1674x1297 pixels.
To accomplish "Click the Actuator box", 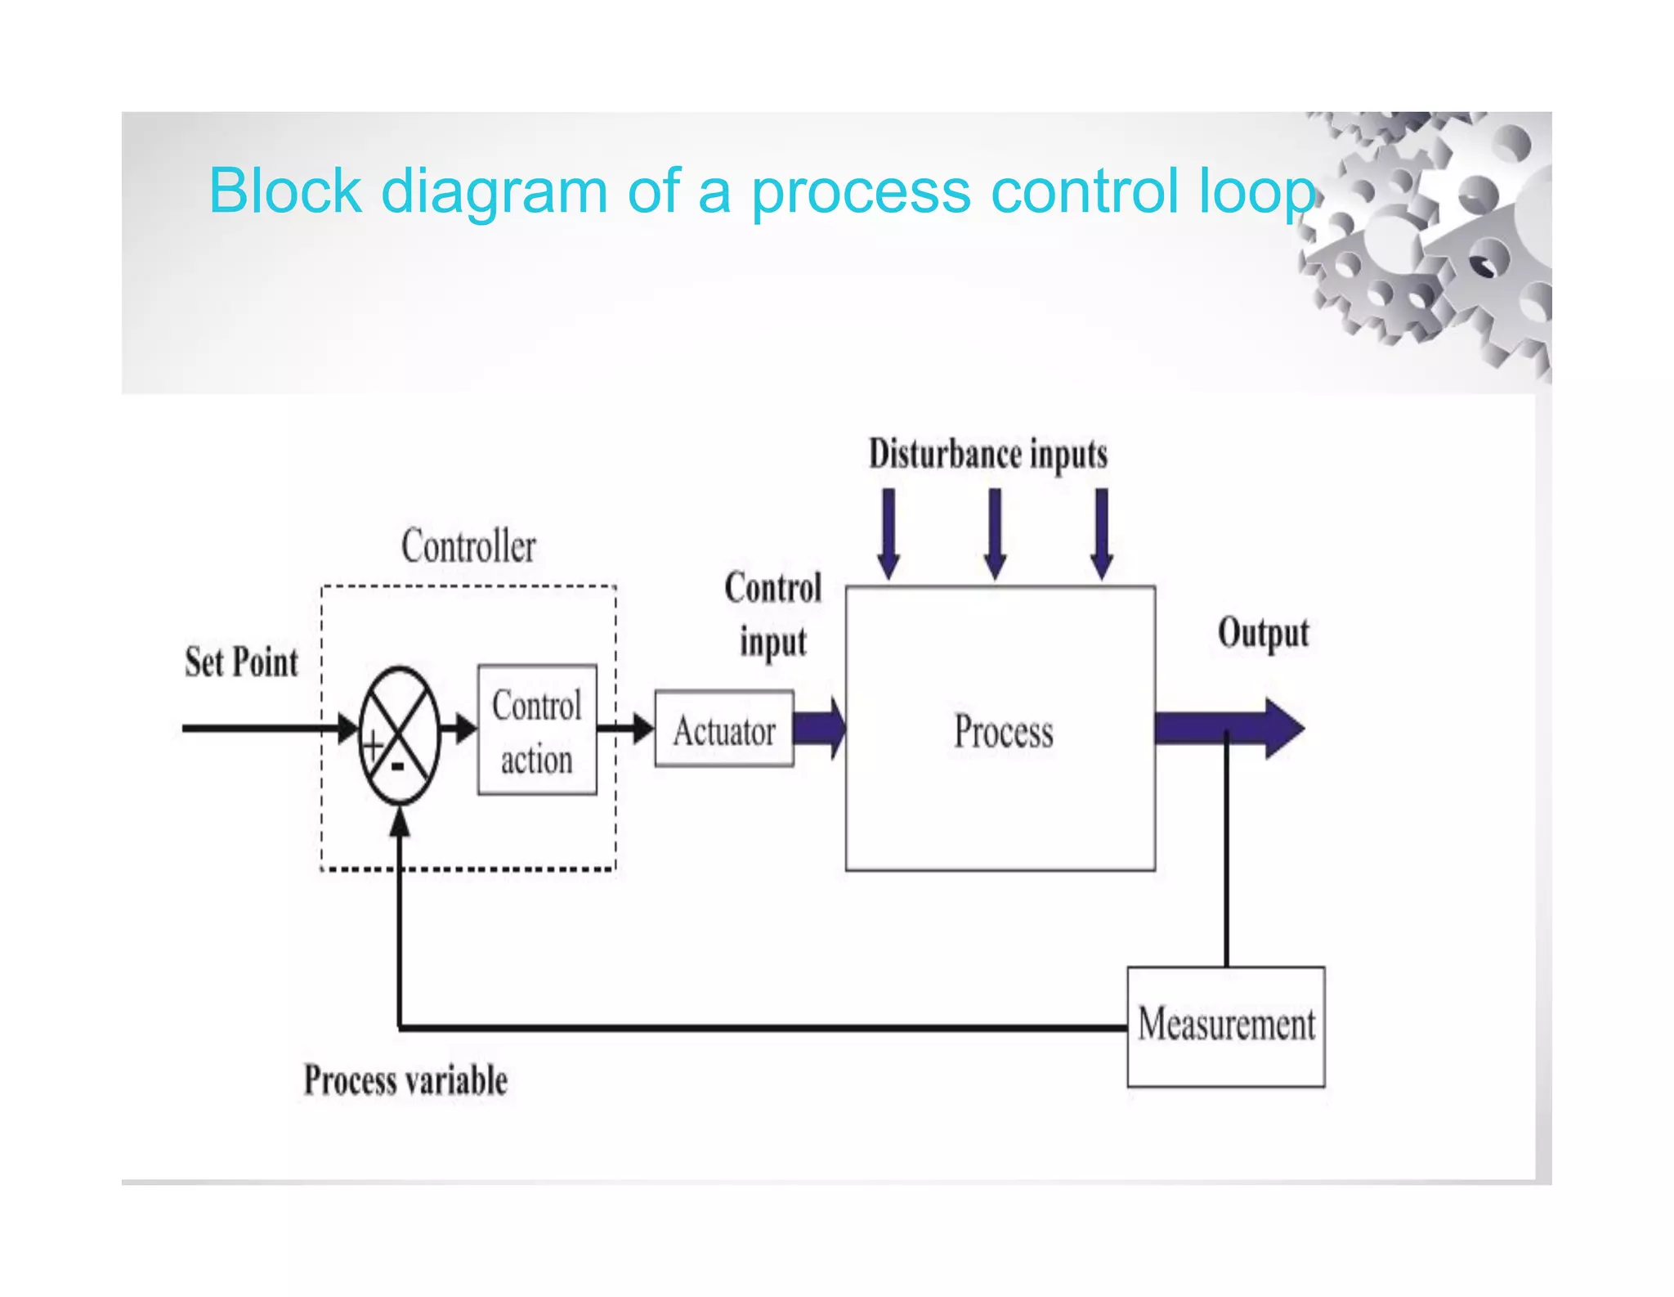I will [724, 729].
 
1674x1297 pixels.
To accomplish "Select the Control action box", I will [537, 730].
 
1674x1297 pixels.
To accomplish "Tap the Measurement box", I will [1226, 1026].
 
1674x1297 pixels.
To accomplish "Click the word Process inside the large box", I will [1004, 731].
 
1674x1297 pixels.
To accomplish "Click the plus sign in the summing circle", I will [374, 746].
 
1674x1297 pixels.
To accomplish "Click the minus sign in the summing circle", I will [398, 767].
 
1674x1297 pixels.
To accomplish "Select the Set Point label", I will [242, 662].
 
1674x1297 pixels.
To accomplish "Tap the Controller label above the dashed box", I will [469, 546].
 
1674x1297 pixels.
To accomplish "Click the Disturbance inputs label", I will [988, 455].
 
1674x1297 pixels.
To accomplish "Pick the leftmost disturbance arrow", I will [888, 535].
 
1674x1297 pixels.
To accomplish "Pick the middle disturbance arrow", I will [995, 535].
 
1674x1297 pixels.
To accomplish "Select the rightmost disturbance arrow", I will [1102, 535].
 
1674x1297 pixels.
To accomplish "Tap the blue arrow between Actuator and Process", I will [820, 728].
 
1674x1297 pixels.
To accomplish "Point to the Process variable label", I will [406, 1080].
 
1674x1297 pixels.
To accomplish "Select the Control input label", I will [773, 615].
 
